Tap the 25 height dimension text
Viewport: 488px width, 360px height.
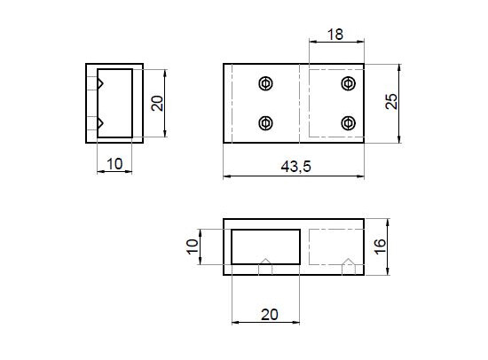click(x=390, y=102)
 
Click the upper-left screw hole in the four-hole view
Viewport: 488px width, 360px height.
click(x=264, y=83)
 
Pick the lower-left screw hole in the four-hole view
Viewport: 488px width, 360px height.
click(x=264, y=123)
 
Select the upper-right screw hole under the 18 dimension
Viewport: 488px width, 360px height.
click(x=348, y=83)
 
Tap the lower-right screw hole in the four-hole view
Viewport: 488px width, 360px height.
click(x=348, y=123)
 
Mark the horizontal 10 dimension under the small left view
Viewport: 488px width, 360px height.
click(x=114, y=162)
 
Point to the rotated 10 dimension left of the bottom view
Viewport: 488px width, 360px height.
click(x=193, y=246)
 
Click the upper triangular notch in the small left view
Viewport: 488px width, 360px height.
click(x=101, y=83)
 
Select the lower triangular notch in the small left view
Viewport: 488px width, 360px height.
click(x=101, y=122)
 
